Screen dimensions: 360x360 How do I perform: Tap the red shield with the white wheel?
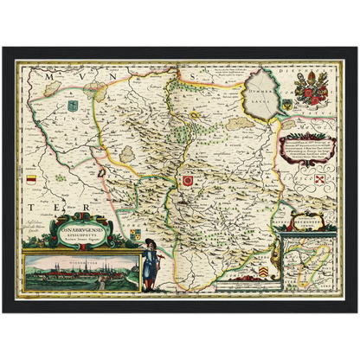186,180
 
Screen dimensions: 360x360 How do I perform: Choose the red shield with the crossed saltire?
318,179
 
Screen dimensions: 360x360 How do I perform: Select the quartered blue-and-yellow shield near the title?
135,233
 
